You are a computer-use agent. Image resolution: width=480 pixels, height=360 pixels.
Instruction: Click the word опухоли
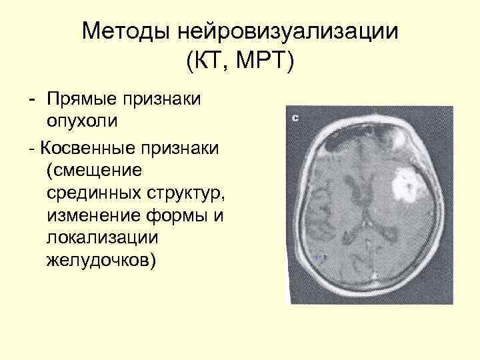click(84, 122)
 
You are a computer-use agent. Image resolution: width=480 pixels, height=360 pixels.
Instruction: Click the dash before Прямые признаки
click(31, 99)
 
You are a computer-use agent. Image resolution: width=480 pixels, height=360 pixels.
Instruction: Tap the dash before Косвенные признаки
click(31, 145)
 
